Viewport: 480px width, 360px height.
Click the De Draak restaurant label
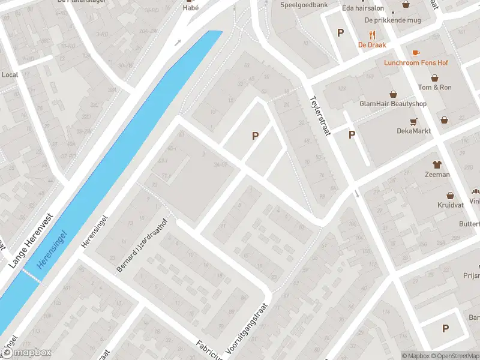pos(372,44)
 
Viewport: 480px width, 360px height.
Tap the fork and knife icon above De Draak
pos(372,34)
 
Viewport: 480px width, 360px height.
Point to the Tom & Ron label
pos(435,88)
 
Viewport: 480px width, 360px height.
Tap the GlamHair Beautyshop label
pos(393,104)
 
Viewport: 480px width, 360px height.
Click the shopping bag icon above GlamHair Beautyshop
pos(394,94)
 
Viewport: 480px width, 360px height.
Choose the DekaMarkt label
pos(411,131)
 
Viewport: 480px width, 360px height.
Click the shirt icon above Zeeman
pos(436,164)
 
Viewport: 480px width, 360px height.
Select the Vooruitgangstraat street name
pos(245,326)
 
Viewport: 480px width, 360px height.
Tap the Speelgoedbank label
pos(304,5)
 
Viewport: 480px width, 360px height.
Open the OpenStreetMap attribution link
pos(454,356)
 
